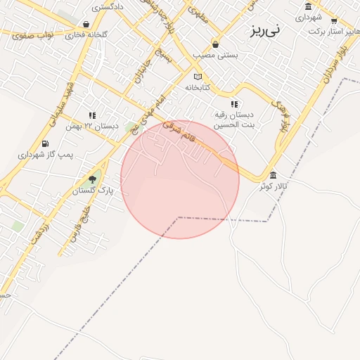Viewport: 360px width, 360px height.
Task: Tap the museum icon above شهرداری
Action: tap(308, 7)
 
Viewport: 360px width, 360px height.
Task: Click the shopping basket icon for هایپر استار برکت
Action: tap(333, 21)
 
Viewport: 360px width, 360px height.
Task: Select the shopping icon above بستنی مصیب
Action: tap(215, 44)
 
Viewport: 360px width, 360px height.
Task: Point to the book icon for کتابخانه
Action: tap(198, 77)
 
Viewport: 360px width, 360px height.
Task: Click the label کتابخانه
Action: tap(198, 88)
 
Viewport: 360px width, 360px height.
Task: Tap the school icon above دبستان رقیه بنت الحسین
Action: tap(235, 104)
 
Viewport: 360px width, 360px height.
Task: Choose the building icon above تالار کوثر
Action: tap(273, 175)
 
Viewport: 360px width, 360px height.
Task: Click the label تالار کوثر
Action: tap(273, 186)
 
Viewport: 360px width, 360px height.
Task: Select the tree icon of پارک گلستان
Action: tap(92, 179)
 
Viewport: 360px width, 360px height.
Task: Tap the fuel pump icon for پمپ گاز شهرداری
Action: tap(45, 143)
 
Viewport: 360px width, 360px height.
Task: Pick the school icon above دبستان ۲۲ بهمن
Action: tap(92, 115)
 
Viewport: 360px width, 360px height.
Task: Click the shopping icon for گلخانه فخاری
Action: tap(86, 24)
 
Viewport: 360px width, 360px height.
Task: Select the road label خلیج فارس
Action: tap(78, 221)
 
